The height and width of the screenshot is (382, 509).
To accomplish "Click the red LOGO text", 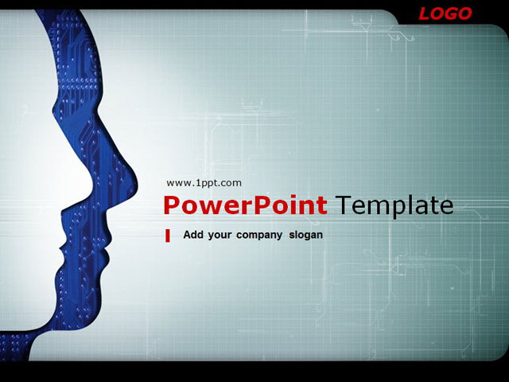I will pyautogui.click(x=445, y=14).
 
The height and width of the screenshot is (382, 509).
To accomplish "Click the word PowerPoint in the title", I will pyautogui.click(x=245, y=205).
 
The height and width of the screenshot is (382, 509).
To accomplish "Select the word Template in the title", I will pyautogui.click(x=394, y=205).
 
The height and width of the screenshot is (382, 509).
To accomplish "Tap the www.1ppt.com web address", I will pyautogui.click(x=204, y=183).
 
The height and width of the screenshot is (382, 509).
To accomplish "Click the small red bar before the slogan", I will pyautogui.click(x=168, y=236).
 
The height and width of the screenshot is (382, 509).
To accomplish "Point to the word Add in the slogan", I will pyautogui.click(x=193, y=235).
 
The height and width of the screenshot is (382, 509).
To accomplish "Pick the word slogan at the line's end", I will pyautogui.click(x=306, y=235).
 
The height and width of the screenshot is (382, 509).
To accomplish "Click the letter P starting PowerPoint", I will pyautogui.click(x=170, y=205).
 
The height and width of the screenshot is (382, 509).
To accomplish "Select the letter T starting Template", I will pyautogui.click(x=342, y=205).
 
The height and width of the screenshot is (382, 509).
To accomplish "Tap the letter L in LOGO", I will pyautogui.click(x=425, y=14).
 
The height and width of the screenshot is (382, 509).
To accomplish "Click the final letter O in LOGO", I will pyautogui.click(x=464, y=14).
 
